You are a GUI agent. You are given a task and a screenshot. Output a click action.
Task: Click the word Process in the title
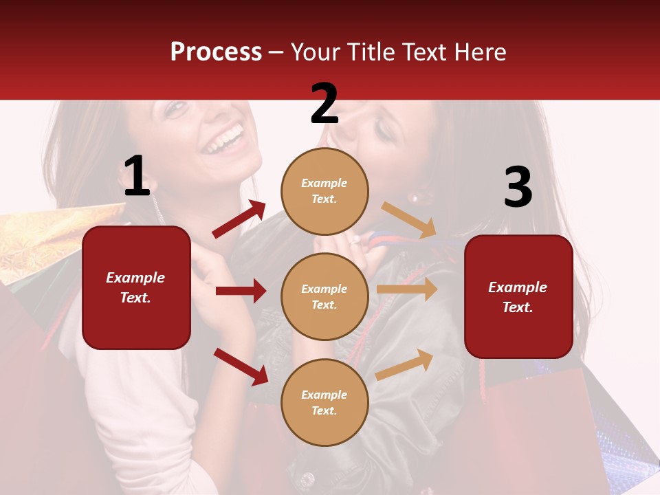[x=216, y=52]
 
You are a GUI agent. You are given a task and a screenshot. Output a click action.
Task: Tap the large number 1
[x=136, y=177]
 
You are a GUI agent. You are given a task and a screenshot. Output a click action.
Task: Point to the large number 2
[x=324, y=104]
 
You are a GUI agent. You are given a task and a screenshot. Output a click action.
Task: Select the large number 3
[x=518, y=188]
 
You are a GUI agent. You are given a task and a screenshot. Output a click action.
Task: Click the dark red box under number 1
[x=136, y=287]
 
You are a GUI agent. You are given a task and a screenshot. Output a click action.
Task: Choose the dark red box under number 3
[x=518, y=296]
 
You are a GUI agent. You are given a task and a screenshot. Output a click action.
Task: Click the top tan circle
[x=324, y=191]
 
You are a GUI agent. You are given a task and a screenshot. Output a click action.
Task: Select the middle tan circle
[x=324, y=296]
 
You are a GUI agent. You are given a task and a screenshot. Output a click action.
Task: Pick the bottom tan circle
[x=324, y=402]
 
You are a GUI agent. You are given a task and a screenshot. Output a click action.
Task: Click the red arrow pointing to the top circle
[x=239, y=219]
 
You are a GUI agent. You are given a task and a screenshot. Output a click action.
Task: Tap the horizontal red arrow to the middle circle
[x=241, y=291]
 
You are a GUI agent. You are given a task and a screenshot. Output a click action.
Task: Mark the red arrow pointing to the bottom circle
[x=241, y=366]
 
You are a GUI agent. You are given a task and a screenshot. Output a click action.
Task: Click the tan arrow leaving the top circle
[x=408, y=221]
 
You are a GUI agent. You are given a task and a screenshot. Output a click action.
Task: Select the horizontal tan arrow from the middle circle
[x=407, y=289]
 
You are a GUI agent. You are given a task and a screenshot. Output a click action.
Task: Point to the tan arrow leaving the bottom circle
[x=405, y=364]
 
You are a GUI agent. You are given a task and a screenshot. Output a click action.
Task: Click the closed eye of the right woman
[x=382, y=134]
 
